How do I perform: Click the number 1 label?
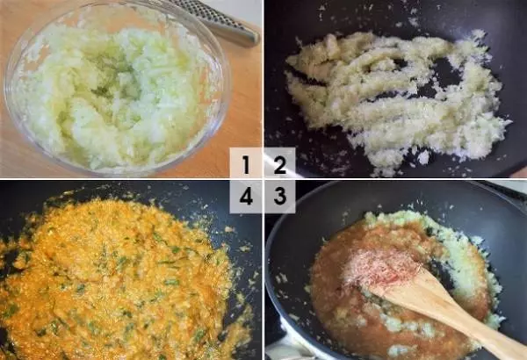click(x=246, y=164)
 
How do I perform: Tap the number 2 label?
click(x=279, y=164)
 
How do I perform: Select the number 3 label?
click(x=279, y=196)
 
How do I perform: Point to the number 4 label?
click(x=246, y=196)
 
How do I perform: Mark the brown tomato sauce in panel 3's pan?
click(x=339, y=303)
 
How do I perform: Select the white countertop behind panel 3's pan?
click(x=513, y=186)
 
